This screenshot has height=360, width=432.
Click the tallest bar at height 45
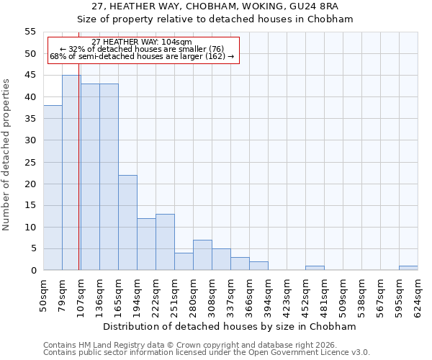71,173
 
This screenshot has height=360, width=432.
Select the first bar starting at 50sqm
53,188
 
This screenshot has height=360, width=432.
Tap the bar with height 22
127,222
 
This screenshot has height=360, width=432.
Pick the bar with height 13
165,242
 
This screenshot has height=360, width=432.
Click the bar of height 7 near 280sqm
202,255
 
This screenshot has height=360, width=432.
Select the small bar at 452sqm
315,268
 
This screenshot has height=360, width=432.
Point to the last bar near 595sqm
408,268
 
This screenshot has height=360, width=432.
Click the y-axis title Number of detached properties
7,154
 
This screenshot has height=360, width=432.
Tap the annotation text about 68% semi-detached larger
143,56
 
